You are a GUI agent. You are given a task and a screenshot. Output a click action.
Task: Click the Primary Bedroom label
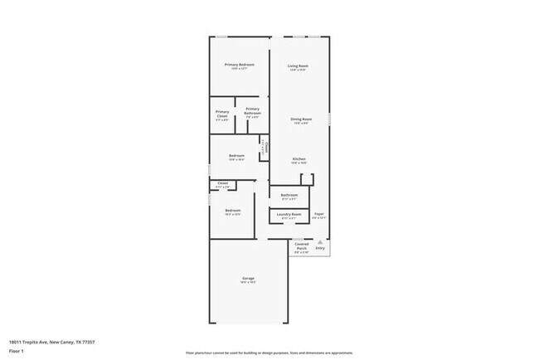point(239,65)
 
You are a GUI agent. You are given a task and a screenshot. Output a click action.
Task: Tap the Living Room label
point(299,66)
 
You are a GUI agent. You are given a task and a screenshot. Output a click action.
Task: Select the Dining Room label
point(301,119)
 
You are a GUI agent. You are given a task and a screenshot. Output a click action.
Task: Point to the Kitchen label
point(299,158)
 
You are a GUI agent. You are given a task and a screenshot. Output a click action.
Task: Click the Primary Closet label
point(222,114)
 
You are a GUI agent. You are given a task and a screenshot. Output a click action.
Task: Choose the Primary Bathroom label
point(252,110)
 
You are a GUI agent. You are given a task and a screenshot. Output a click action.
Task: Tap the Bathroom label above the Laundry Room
point(289,195)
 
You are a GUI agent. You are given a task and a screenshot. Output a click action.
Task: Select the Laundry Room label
point(289,214)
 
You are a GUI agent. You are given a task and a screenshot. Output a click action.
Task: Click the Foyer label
point(319,214)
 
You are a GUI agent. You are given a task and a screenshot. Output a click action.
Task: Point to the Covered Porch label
point(300,246)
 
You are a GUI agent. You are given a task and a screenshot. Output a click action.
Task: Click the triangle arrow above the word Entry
point(320,241)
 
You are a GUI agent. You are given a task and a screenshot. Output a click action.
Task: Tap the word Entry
point(320,248)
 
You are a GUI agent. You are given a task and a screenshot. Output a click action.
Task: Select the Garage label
point(248,278)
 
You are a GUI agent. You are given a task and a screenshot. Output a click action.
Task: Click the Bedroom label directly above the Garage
point(233,210)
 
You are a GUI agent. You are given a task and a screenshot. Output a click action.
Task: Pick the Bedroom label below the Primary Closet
point(236,155)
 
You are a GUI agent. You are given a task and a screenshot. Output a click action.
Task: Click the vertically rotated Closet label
point(265,146)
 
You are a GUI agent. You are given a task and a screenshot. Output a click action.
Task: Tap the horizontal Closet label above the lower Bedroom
point(222,183)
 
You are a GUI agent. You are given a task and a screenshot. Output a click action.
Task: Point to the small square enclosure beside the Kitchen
point(306,178)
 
